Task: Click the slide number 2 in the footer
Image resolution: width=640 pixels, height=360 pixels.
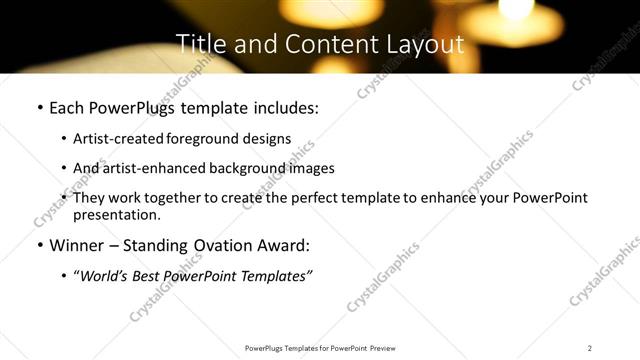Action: (x=590, y=348)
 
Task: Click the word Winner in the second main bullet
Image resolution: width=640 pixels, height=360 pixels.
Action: (x=79, y=245)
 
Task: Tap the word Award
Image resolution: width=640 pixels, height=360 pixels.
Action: (x=284, y=245)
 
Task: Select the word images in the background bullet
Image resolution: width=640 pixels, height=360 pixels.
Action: (x=310, y=168)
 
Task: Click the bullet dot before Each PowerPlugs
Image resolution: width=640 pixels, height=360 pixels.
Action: (x=39, y=107)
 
